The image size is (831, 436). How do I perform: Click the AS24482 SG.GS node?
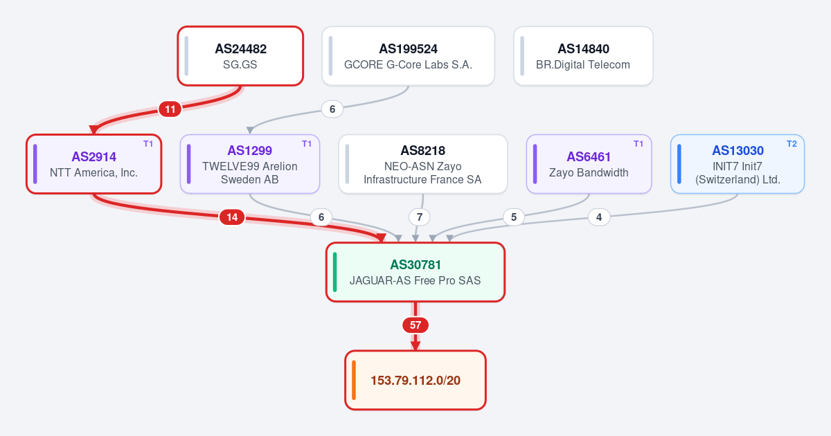(x=240, y=56)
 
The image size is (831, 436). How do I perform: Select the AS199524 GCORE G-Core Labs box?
(x=408, y=56)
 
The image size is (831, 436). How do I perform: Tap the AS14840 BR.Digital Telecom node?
(x=583, y=56)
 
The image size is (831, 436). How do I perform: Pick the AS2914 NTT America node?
(x=94, y=164)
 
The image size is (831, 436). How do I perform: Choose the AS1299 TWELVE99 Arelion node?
(x=250, y=164)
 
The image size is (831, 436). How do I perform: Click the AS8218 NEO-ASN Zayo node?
(x=423, y=164)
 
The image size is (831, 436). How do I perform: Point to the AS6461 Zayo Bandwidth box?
(x=589, y=164)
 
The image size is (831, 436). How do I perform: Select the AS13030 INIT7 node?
(x=738, y=164)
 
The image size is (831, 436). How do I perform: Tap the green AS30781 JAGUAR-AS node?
(x=415, y=272)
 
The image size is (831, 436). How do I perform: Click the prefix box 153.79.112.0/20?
(x=415, y=380)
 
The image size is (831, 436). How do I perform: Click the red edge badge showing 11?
(x=170, y=109)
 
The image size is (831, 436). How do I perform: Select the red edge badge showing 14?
(x=232, y=217)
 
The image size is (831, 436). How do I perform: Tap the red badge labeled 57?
(x=415, y=325)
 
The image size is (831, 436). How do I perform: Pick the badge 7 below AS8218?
(x=419, y=217)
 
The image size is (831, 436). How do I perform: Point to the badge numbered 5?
(x=513, y=217)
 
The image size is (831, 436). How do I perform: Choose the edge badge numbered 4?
(x=599, y=217)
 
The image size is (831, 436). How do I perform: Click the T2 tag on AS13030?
(x=792, y=144)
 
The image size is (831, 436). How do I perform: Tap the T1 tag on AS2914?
(x=148, y=144)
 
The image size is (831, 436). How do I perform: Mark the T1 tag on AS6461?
(x=638, y=144)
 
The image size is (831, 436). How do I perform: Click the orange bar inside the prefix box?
(x=354, y=380)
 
